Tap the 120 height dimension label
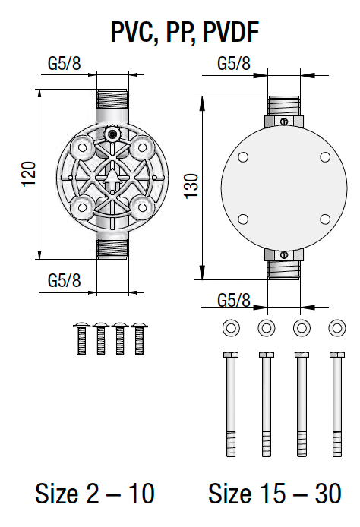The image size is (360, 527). pyautogui.click(x=28, y=174)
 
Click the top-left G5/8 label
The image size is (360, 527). pyautogui.click(x=64, y=63)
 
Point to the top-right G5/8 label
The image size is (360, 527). pyautogui.click(x=233, y=63)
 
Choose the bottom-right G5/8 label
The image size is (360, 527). pyautogui.click(x=233, y=298)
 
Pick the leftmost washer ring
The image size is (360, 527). pyautogui.click(x=228, y=328)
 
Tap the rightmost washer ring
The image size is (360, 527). pyautogui.click(x=336, y=328)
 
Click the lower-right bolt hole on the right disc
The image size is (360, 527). pyautogui.click(x=324, y=219)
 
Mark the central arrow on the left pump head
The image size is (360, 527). pyautogui.click(x=112, y=180)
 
